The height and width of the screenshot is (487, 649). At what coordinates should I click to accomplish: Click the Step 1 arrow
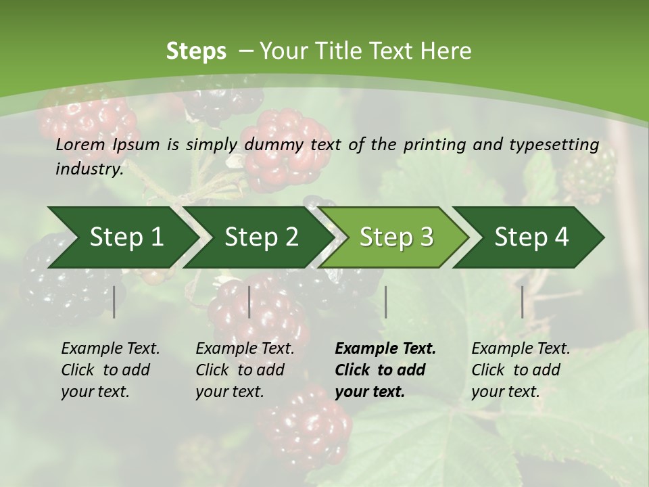click(126, 237)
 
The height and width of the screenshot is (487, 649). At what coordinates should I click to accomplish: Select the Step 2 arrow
click(261, 237)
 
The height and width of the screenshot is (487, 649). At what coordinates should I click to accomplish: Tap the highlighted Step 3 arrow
click(396, 237)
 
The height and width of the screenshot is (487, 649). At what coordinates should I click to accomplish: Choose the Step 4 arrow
click(531, 237)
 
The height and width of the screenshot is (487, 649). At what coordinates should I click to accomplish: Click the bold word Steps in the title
click(196, 51)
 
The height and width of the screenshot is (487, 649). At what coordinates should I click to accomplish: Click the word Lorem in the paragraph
click(80, 145)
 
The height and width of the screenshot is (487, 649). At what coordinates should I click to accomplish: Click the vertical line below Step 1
click(114, 302)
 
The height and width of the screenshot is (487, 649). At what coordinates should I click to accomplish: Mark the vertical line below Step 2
click(249, 302)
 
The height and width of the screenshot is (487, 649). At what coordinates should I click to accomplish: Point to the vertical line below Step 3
click(385, 302)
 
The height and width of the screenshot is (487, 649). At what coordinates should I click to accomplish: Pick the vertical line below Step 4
click(522, 302)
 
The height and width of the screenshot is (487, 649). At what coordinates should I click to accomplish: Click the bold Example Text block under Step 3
click(385, 370)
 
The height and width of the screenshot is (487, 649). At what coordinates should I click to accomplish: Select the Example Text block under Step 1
click(110, 370)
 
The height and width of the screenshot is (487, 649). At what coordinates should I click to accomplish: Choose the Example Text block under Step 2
click(245, 370)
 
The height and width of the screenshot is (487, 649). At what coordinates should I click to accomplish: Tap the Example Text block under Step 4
click(521, 370)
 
